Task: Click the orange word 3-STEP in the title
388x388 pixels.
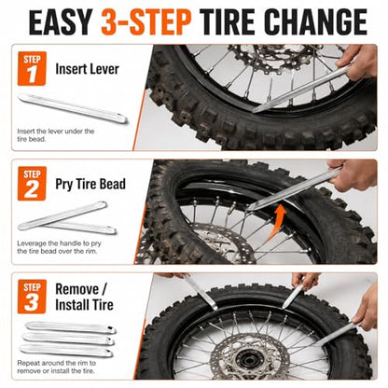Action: pos(146,21)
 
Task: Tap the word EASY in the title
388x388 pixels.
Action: pos(61,21)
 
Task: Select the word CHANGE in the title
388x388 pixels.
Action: pos(316,21)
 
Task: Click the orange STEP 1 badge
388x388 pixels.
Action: pos(32,68)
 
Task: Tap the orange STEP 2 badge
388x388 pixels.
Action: pos(32,184)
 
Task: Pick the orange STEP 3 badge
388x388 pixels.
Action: pos(32,297)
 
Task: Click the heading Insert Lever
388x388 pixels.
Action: pos(87,69)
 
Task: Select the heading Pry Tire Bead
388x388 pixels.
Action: pos(90,184)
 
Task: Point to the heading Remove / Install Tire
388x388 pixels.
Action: pos(84,297)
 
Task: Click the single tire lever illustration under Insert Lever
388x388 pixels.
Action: pos(73,108)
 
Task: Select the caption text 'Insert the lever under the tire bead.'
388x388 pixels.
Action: pos(56,135)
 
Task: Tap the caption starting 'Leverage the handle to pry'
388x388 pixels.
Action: pos(59,247)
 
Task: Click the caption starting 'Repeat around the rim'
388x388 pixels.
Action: pos(56,367)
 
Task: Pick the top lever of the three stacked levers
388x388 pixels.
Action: pos(71,327)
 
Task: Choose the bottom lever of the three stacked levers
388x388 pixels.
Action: pos(66,351)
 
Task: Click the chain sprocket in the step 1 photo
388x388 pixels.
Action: pos(273,58)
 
